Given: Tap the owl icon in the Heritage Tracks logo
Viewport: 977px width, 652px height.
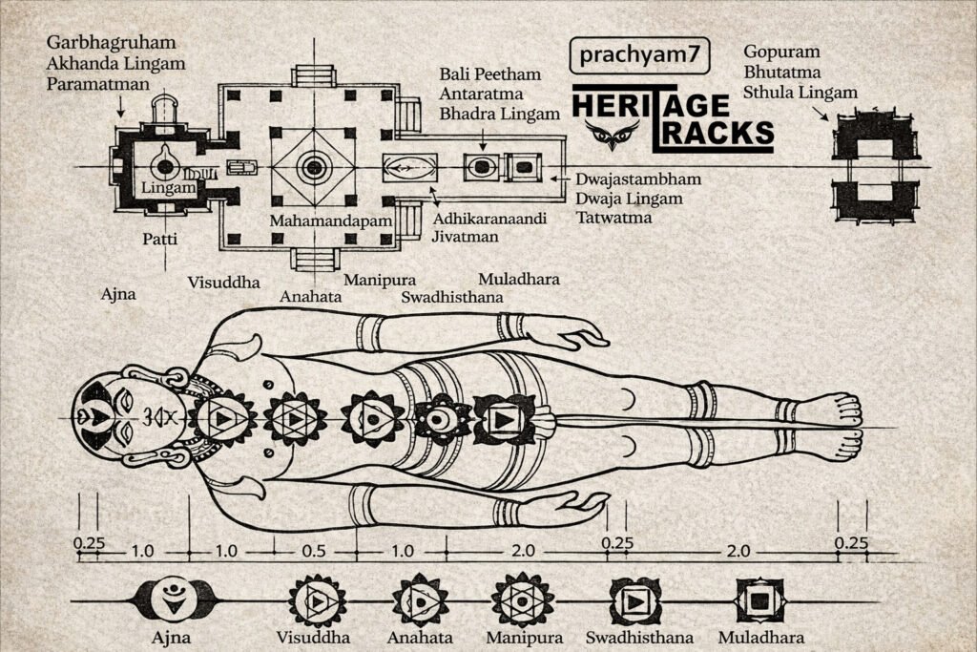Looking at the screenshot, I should (x=608, y=135).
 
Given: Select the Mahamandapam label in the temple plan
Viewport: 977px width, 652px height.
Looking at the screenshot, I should (x=311, y=221).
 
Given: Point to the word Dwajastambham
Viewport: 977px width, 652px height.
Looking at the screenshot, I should (x=638, y=179).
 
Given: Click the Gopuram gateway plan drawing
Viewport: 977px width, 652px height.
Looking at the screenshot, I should (x=875, y=166).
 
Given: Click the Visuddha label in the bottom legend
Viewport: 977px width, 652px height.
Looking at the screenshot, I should (x=313, y=637).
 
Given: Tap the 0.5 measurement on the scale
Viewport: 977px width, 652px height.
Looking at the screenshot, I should (x=313, y=551).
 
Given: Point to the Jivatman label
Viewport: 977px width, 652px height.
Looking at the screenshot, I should (x=463, y=236).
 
